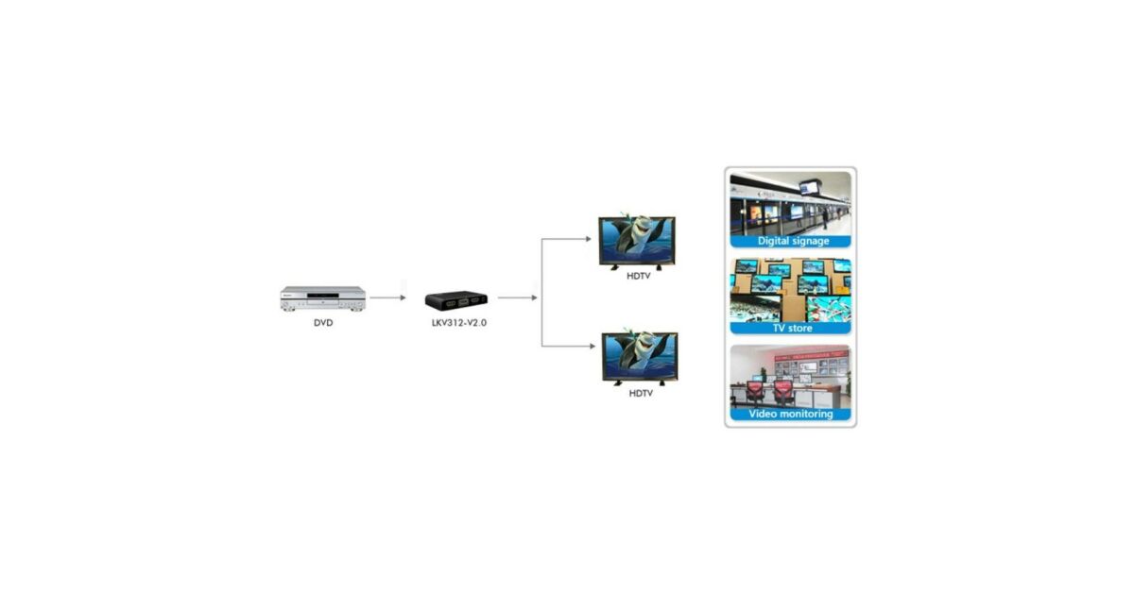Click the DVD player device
pos(323,298)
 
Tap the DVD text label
pos(323,322)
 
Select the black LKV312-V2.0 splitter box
pos(455,300)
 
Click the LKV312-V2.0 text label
pos(457,322)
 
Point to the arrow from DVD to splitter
pos(387,297)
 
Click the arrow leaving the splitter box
pos(517,297)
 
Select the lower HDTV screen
pos(640,357)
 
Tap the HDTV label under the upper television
pos(639,276)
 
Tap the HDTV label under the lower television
pos(641,392)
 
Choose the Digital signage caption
pos(792,241)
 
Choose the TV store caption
pos(792,328)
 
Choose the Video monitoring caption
pos(791,414)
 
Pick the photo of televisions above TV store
pos(791,290)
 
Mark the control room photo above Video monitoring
pos(791,376)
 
